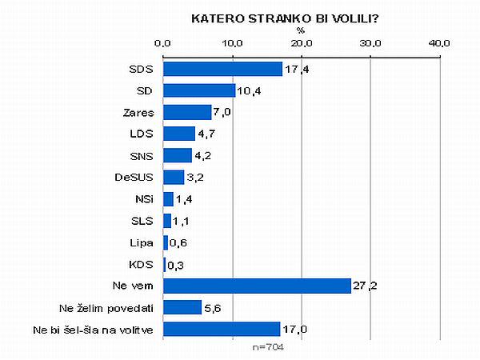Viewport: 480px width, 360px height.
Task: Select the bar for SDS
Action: [222, 69]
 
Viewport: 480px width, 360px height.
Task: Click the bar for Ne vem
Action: [257, 286]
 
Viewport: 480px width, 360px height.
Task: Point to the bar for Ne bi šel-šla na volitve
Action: [222, 329]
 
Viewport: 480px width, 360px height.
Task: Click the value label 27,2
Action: [363, 286]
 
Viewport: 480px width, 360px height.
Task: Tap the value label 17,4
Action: [295, 69]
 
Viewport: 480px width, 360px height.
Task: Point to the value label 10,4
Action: [246, 90]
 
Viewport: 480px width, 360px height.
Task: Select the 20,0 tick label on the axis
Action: [301, 42]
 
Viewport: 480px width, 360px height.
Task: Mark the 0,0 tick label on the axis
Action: [163, 42]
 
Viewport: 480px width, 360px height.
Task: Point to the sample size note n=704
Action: [268, 347]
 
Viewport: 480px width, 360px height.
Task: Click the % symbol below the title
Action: [301, 30]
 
